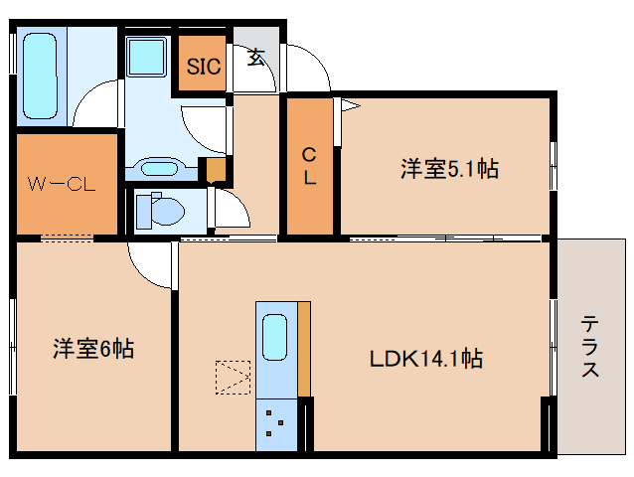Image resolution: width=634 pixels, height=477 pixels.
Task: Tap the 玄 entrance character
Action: coord(256,57)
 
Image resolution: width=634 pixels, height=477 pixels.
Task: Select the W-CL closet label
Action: coord(60,184)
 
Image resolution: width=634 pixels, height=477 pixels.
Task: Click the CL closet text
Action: coord(310,166)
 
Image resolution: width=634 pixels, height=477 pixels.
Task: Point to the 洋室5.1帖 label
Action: coord(449,169)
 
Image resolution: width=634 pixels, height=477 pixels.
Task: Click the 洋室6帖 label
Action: coord(93,349)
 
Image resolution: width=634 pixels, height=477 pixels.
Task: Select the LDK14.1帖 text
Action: coord(426,359)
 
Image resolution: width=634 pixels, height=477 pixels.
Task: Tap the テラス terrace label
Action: coord(590,347)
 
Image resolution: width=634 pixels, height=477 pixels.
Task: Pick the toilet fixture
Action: coord(159,211)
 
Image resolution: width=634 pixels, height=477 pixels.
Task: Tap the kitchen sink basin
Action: coord(274,339)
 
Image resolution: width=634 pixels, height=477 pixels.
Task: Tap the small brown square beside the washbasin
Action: coord(213,170)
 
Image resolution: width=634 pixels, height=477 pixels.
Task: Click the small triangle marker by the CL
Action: coord(349,103)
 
